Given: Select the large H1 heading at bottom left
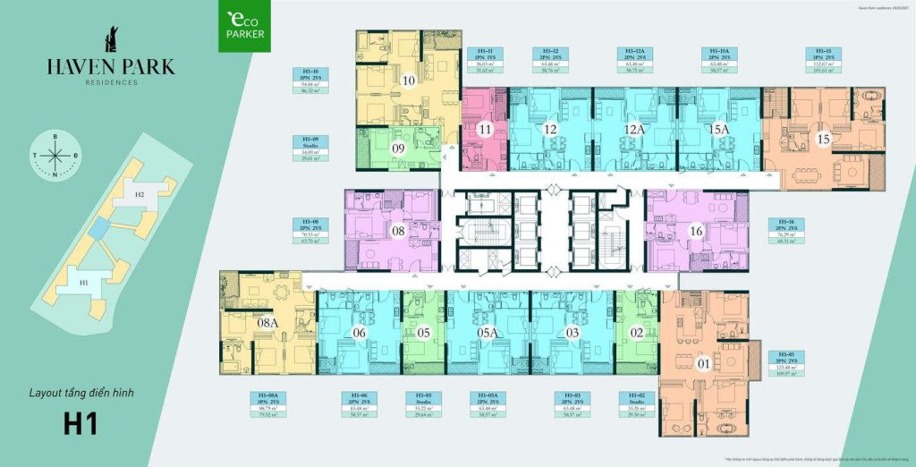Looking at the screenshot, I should point(80,422).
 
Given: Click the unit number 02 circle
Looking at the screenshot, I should point(637,333).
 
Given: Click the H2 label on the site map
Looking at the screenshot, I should point(139,194).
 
